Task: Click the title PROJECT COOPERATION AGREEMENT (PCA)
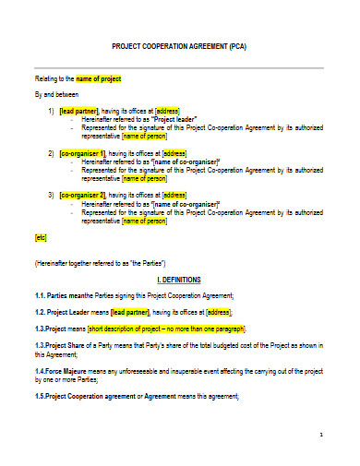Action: (x=179, y=45)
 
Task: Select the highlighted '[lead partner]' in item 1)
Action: (x=79, y=110)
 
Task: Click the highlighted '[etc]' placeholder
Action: (x=41, y=237)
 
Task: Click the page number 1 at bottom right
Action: (x=319, y=434)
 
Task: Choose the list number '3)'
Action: (x=50, y=195)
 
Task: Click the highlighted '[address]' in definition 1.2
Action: (x=219, y=312)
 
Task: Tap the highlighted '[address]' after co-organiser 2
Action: (x=174, y=195)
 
